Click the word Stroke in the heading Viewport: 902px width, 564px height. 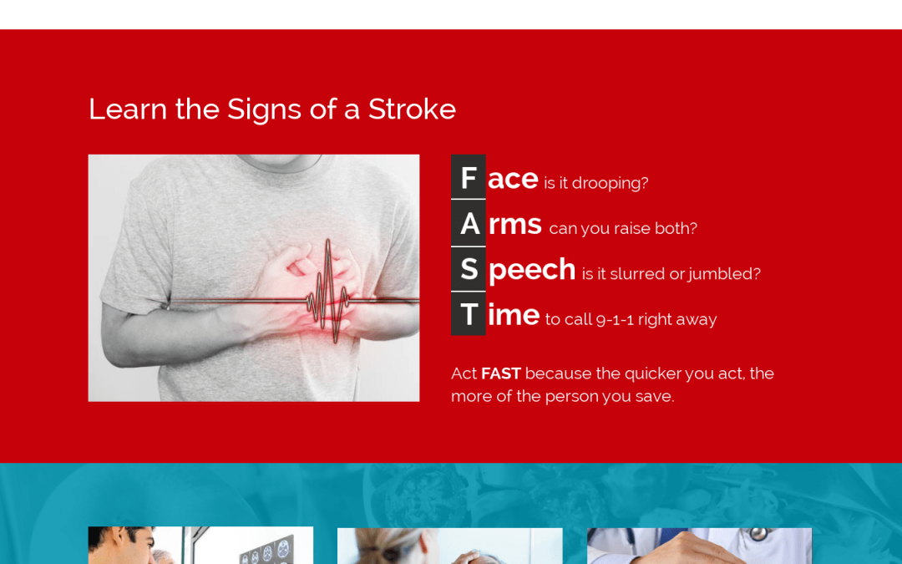pyautogui.click(x=412, y=109)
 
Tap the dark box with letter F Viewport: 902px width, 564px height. pyautogui.click(x=469, y=176)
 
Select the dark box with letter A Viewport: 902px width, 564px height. pyautogui.click(x=469, y=223)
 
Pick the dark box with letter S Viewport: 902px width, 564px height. pyautogui.click(x=469, y=269)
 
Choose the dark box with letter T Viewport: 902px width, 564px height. pyautogui.click(x=469, y=313)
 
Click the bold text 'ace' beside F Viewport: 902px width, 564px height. pyautogui.click(x=513, y=179)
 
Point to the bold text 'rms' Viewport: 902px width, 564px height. pyautogui.click(x=514, y=225)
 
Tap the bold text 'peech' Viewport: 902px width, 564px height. pyautogui.click(x=531, y=271)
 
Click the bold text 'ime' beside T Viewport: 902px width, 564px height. pyautogui.click(x=514, y=315)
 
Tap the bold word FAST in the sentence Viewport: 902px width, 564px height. pyautogui.click(x=501, y=373)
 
